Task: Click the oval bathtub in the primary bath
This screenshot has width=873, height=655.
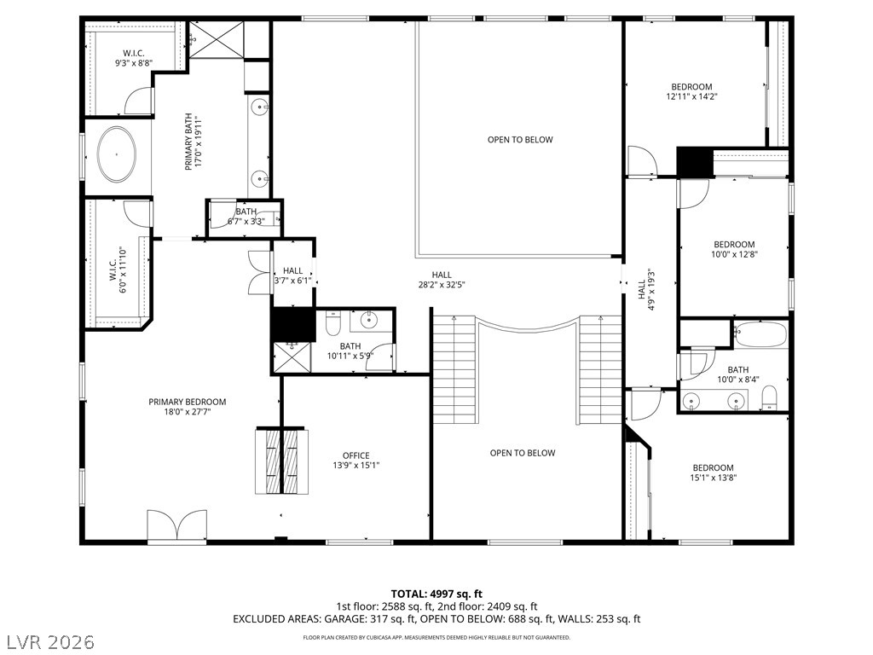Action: pyautogui.click(x=116, y=154)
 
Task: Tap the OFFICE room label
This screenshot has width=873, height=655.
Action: pyautogui.click(x=356, y=455)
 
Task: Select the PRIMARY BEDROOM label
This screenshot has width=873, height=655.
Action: pyautogui.click(x=187, y=403)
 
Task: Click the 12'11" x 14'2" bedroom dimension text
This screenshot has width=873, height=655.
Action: pyautogui.click(x=691, y=96)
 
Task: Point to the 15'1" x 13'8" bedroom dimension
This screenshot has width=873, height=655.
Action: pyautogui.click(x=714, y=478)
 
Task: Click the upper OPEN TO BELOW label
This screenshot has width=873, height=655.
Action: pyautogui.click(x=520, y=140)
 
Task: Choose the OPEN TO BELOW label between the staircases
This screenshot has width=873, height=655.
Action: pyautogui.click(x=523, y=454)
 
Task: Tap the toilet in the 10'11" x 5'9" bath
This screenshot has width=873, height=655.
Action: pyautogui.click(x=332, y=324)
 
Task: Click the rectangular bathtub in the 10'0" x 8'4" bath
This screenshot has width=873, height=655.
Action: pyautogui.click(x=760, y=334)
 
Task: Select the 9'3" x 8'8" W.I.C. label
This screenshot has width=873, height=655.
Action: pyautogui.click(x=134, y=59)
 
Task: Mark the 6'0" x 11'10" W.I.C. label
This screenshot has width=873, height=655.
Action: pyautogui.click(x=118, y=270)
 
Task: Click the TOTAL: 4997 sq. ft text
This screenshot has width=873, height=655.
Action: pyautogui.click(x=436, y=594)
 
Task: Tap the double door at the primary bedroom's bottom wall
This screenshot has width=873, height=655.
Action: pyautogui.click(x=177, y=525)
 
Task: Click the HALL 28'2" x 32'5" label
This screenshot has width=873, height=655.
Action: pyautogui.click(x=442, y=280)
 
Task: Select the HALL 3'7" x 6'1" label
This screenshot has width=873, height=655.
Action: pyautogui.click(x=293, y=275)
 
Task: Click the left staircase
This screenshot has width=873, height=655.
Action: pyautogui.click(x=455, y=369)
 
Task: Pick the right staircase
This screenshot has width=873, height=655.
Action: pyautogui.click(x=600, y=369)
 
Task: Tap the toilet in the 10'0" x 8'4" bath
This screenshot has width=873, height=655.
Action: pyautogui.click(x=769, y=399)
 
